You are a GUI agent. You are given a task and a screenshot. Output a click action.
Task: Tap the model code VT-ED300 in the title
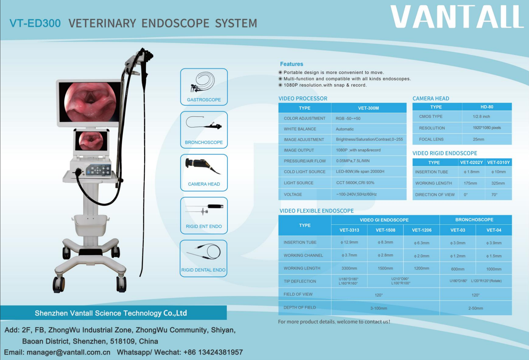(x=35, y=23)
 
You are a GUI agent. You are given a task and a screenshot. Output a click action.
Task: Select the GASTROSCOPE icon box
(x=204, y=87)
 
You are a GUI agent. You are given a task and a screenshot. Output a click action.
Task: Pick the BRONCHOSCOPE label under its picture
(x=204, y=142)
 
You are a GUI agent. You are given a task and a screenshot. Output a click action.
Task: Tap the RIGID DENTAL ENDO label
(x=203, y=270)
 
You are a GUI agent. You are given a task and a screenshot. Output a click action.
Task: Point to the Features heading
(x=292, y=64)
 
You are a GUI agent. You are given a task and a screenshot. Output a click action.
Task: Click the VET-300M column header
(x=369, y=108)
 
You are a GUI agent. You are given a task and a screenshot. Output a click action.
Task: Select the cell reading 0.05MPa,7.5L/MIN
(x=353, y=161)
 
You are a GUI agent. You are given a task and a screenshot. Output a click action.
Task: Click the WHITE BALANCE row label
(x=300, y=129)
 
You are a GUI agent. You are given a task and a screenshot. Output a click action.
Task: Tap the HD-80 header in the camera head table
(x=487, y=107)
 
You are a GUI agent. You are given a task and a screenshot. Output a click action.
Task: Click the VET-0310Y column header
(x=499, y=163)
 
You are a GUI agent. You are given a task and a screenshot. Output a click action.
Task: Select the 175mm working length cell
(x=470, y=183)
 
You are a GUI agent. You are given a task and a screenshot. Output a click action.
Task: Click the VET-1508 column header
(x=385, y=230)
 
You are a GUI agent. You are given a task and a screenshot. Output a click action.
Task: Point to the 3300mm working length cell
(x=349, y=268)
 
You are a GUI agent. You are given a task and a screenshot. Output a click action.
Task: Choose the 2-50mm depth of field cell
(x=476, y=308)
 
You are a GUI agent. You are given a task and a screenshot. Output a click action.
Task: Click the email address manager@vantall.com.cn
(x=68, y=352)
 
